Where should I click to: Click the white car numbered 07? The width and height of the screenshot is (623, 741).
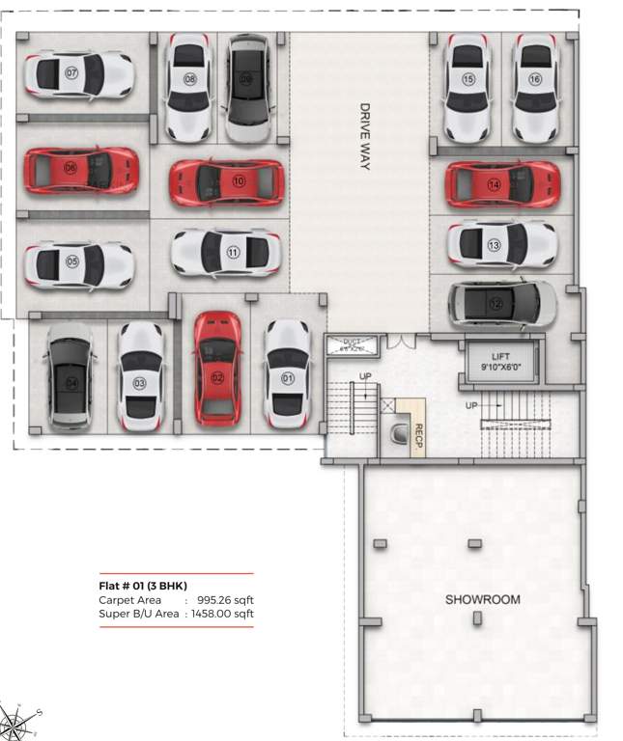click(x=78, y=73)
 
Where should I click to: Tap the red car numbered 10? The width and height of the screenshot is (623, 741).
click(x=227, y=181)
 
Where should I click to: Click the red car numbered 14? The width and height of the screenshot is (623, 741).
click(x=501, y=183)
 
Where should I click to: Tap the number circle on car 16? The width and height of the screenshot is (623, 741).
click(x=535, y=80)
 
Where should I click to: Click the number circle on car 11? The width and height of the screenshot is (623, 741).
click(x=233, y=253)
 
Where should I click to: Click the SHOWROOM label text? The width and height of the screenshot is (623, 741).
click(x=482, y=599)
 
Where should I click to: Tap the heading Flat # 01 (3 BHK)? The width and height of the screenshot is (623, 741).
click(x=142, y=587)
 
